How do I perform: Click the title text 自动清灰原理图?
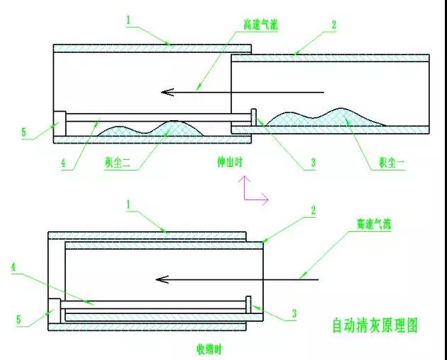(x=376, y=325)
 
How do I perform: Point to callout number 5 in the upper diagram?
(x=23, y=132)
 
